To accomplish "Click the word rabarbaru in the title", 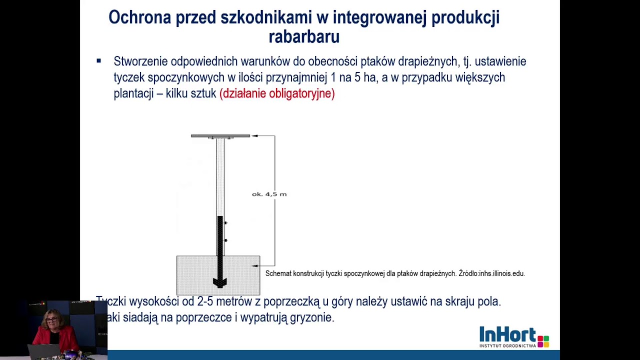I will point(304,36).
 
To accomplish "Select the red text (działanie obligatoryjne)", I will point(277,93).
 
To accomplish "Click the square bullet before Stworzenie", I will point(99,61).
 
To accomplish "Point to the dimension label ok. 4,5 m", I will point(269,194).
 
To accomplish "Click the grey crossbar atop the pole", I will point(220,135).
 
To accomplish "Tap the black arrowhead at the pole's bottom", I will point(220,283).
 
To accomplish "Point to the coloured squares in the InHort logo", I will point(543,340).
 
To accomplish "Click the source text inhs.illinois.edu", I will point(502,273).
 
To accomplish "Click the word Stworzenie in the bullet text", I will point(140,61).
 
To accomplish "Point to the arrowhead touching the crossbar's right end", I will point(254,135).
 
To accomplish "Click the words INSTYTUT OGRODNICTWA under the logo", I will point(507,345).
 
